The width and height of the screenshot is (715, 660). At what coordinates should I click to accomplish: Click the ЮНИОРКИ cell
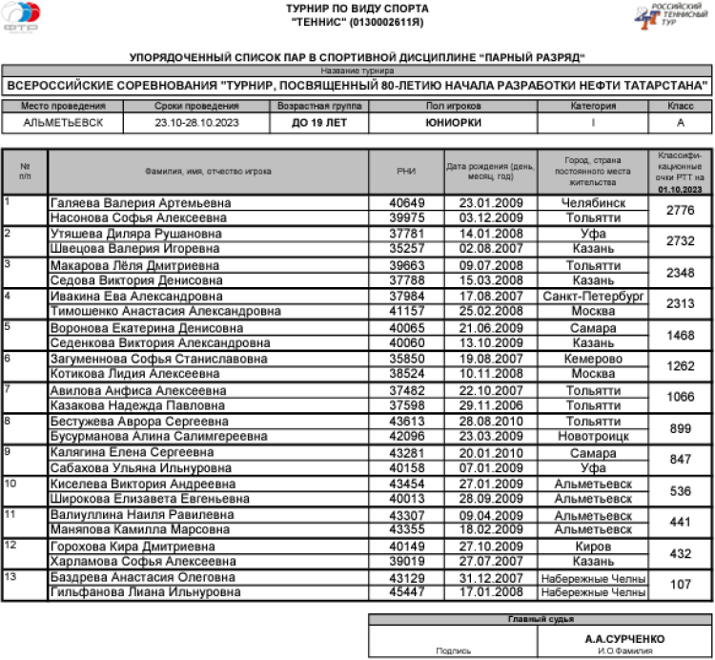pos(453,123)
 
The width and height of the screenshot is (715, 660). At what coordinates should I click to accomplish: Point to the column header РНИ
pos(406,172)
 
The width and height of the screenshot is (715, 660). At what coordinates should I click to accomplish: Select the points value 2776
pos(680,211)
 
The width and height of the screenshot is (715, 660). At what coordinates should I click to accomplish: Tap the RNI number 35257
pos(407,249)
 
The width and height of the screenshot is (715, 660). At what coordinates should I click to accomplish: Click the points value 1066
pos(680,397)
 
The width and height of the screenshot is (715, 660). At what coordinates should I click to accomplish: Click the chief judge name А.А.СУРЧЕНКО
pos(624,638)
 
